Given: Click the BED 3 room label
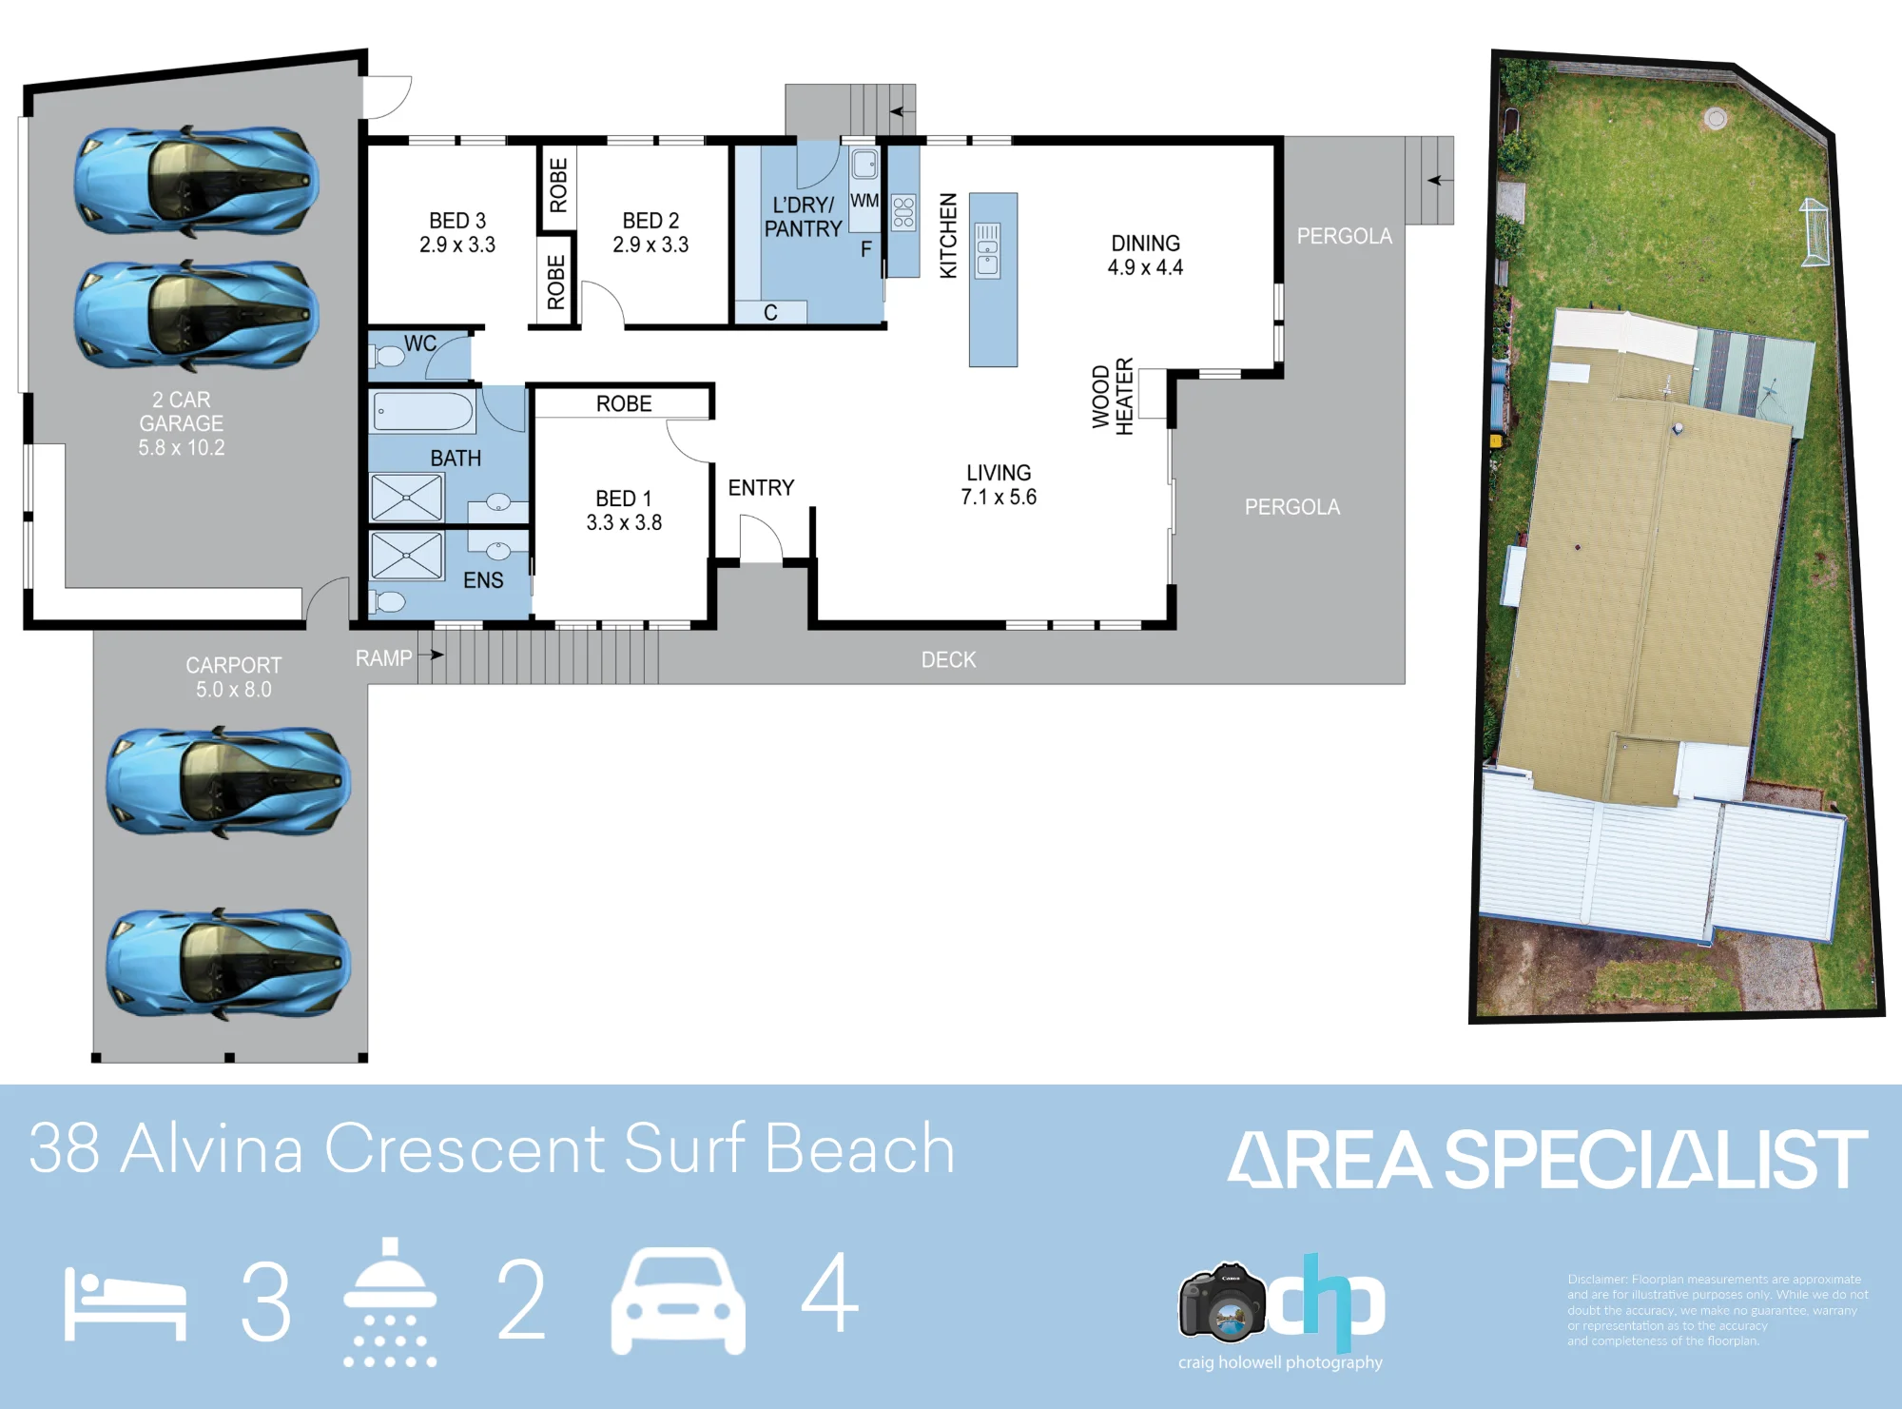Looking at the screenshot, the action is click(x=457, y=232).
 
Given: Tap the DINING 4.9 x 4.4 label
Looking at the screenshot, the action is click(x=1145, y=255).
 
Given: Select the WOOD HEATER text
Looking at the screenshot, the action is click(x=1113, y=397).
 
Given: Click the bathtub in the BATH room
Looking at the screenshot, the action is click(x=422, y=413).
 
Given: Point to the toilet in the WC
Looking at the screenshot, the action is click(x=388, y=357).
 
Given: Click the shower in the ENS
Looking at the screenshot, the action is click(x=407, y=556).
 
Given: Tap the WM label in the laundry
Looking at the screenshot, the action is click(x=864, y=201).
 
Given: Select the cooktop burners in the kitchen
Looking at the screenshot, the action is click(x=903, y=212).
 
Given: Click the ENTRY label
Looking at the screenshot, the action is click(x=761, y=488).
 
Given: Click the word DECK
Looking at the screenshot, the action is click(x=948, y=659).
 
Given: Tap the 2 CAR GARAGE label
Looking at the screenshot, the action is click(x=182, y=423).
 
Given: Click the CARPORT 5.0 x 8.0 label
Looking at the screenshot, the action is click(x=234, y=677).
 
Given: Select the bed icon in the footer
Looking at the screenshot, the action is click(x=125, y=1304).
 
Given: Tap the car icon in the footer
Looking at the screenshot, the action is click(x=678, y=1301).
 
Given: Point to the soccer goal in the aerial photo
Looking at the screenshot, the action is click(x=1815, y=232).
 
